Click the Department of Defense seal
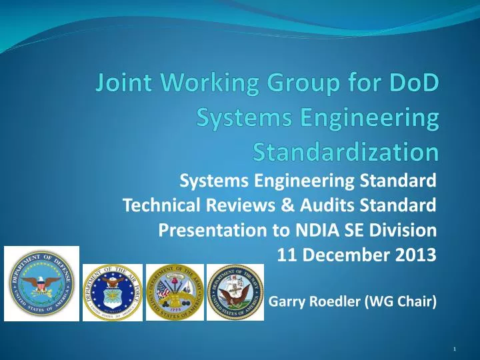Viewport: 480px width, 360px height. pos(41,283)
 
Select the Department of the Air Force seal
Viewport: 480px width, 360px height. pos(112,293)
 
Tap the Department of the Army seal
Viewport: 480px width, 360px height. pos(173,293)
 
